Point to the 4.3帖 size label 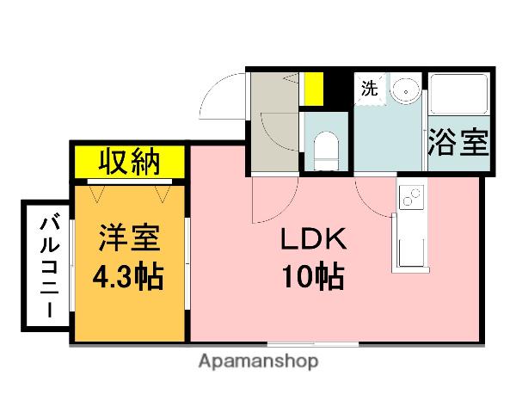(x=129, y=277)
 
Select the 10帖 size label (x=311, y=277)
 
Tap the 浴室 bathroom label (x=458, y=143)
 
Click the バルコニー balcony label (x=44, y=268)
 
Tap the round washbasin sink (x=403, y=89)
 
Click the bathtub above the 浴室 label (x=458, y=96)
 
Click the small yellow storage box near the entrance (x=313, y=88)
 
